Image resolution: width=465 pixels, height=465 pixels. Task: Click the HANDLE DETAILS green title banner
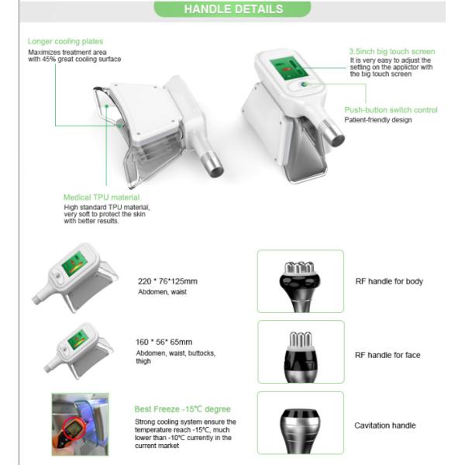click(x=232, y=9)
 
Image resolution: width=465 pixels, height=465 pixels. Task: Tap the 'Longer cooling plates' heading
click(x=65, y=41)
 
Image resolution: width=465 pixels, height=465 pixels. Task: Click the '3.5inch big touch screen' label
click(x=391, y=51)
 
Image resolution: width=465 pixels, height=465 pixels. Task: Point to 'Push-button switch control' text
click(x=391, y=110)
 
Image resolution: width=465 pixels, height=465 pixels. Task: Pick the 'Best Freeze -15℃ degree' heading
click(x=182, y=409)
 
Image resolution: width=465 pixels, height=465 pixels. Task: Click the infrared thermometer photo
click(x=80, y=423)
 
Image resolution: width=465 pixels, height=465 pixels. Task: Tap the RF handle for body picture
click(x=300, y=281)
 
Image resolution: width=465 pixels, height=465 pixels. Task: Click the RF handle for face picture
click(x=300, y=352)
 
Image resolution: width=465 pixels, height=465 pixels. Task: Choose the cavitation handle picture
click(x=300, y=422)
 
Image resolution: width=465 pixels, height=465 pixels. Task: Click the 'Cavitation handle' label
click(x=385, y=425)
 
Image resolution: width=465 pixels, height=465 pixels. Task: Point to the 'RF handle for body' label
click(x=389, y=281)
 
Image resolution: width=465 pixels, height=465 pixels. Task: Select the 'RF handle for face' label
click(x=388, y=356)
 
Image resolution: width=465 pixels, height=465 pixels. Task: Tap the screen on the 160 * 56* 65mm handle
click(x=77, y=339)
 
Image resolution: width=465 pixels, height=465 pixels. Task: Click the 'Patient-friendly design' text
click(x=378, y=120)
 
